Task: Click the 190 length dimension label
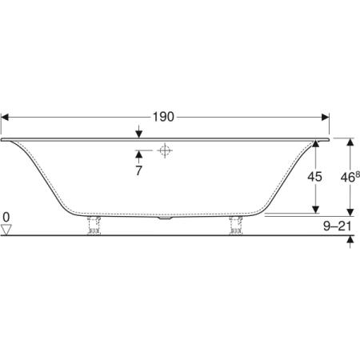pyautogui.click(x=163, y=117)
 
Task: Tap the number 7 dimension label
pyautogui.click(x=138, y=170)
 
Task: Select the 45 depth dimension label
pyautogui.click(x=314, y=177)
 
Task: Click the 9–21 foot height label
pyautogui.click(x=338, y=226)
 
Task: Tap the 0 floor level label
pyautogui.click(x=6, y=217)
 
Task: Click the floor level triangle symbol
pyautogui.click(x=6, y=230)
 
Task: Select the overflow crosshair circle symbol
pyautogui.click(x=165, y=150)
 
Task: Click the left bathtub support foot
pyautogui.click(x=94, y=226)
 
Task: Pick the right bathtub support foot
pyautogui.click(x=236, y=226)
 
